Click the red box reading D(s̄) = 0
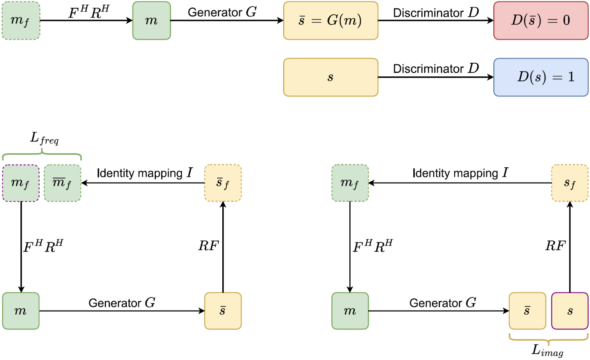tap(540, 21)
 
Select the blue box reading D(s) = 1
tap(540, 77)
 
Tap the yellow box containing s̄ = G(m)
tap(330, 21)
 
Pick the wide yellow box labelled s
tap(330, 77)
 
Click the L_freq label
tap(44, 138)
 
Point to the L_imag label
tap(547, 350)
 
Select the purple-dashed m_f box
tap(21, 183)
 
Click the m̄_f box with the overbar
tap(62, 183)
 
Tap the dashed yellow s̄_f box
tap(223, 183)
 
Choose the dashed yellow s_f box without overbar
tap(570, 183)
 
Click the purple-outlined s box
tap(570, 311)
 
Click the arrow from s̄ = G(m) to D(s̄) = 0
tap(436, 21)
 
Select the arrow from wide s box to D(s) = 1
tap(436, 77)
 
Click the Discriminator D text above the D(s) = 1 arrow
tap(436, 69)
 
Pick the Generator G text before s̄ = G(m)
tap(222, 12)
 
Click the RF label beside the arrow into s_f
tap(555, 246)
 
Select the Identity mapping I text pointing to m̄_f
tap(144, 173)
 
